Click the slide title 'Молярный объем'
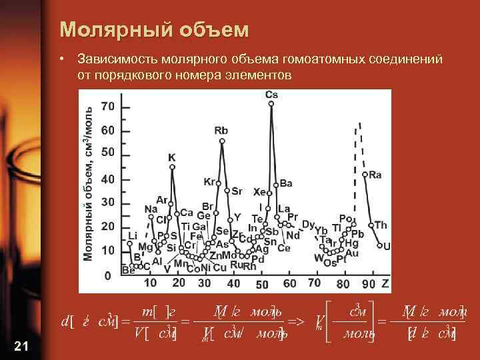point(154,30)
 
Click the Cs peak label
point(271,95)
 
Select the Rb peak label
point(221,131)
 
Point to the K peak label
point(172,157)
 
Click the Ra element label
point(375,175)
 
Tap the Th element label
point(380,225)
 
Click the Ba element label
point(286,183)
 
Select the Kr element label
point(209,181)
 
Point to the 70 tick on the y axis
point(107,106)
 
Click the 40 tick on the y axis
point(107,179)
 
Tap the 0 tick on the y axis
point(107,275)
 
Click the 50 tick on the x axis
point(262,285)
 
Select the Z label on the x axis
point(385,283)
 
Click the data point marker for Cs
point(271,103)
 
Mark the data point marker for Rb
point(222,141)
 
